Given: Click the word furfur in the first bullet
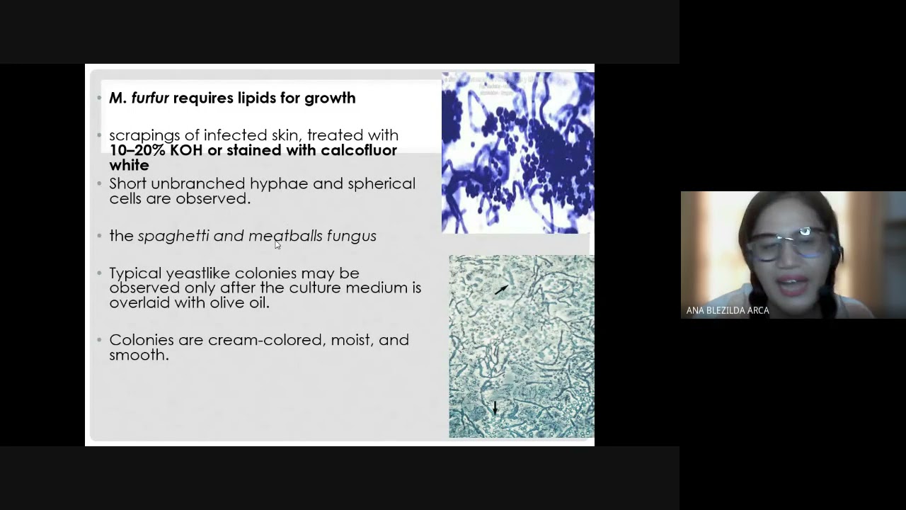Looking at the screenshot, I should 150,98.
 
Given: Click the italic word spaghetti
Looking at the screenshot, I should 173,236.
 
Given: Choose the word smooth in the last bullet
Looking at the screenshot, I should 138,355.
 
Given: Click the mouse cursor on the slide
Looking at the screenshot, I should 277,244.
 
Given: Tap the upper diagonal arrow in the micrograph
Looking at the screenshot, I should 501,289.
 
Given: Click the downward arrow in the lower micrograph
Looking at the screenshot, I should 495,407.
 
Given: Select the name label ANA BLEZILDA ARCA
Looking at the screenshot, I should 728,310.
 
